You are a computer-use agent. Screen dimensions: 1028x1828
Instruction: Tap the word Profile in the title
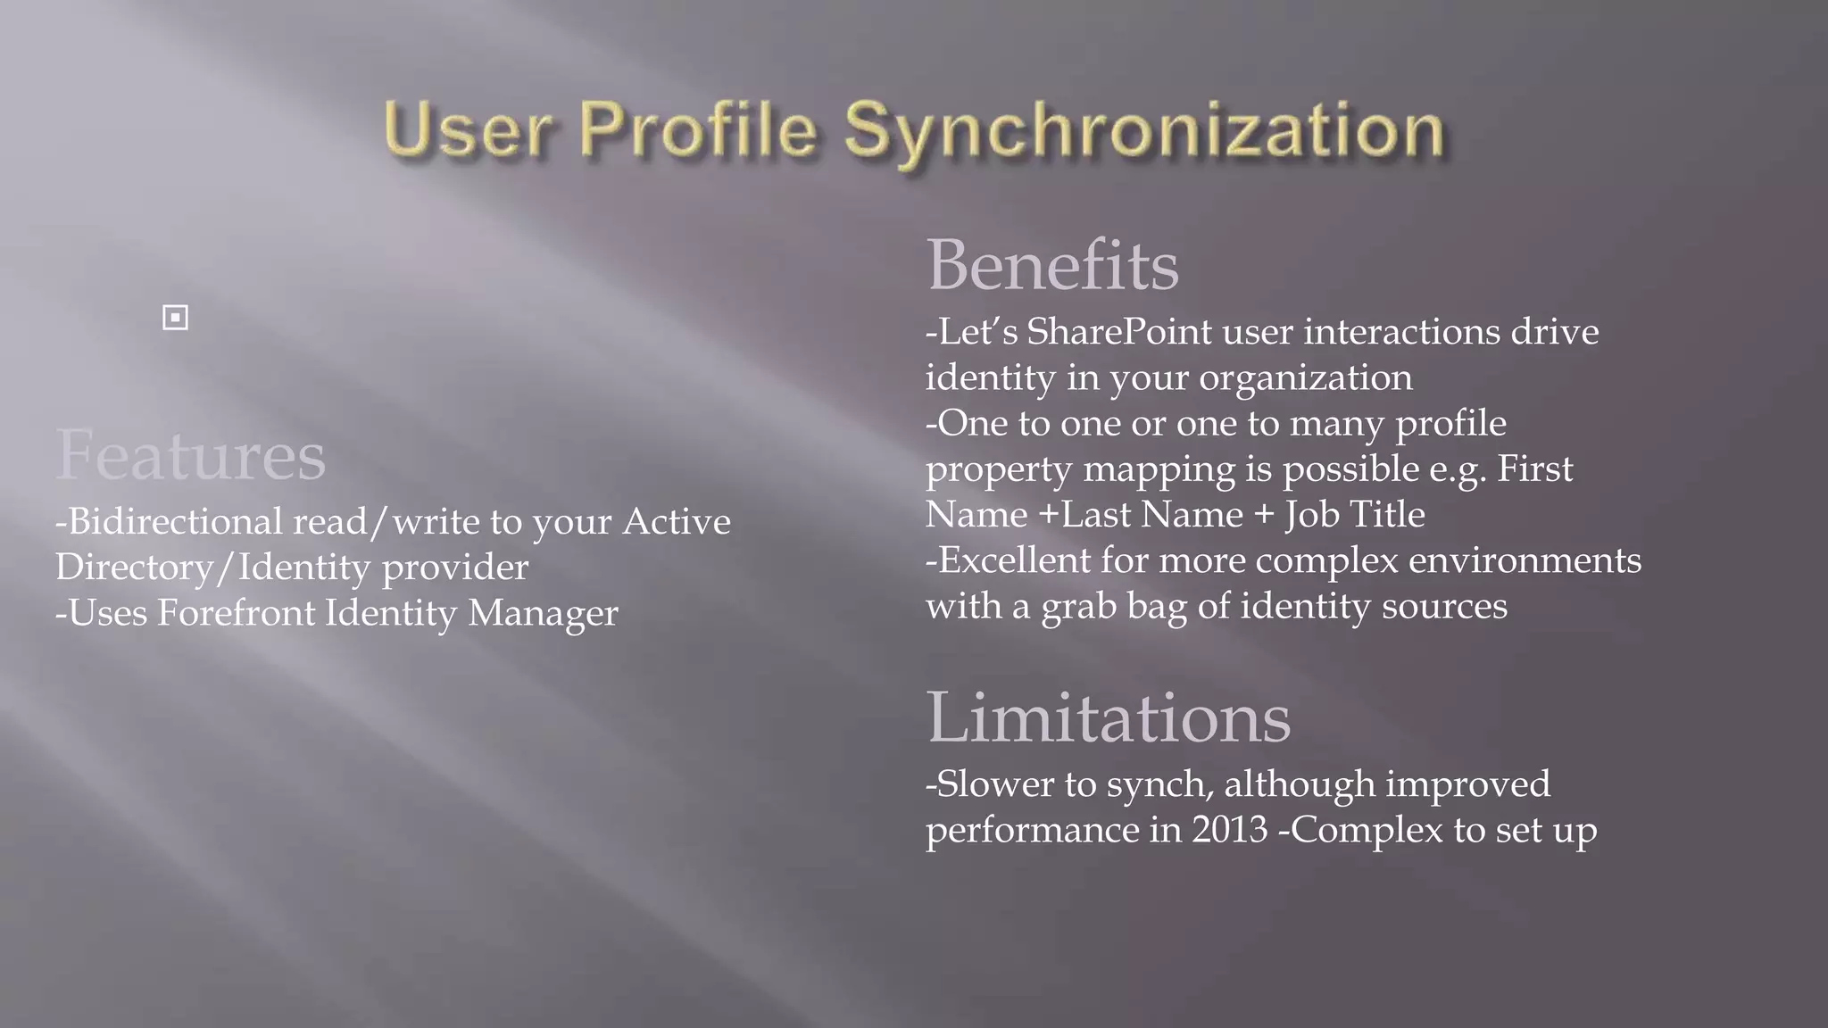pos(698,130)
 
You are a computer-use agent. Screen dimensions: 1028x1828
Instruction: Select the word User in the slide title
pos(467,130)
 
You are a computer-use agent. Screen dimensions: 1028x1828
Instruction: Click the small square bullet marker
pos(176,318)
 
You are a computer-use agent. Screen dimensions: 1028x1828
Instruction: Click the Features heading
pos(190,455)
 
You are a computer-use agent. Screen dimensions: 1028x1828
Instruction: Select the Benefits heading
pos(1052,265)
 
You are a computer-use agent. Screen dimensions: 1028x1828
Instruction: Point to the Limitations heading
pos(1108,717)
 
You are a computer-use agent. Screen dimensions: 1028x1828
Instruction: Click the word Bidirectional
pos(175,521)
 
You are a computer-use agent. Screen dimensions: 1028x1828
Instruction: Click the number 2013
pos(1229,830)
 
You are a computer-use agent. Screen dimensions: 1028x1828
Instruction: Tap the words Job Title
pos(1354,515)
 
